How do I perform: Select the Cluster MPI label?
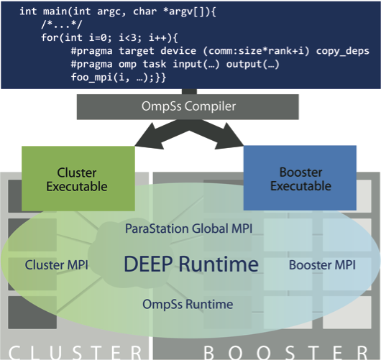(56, 265)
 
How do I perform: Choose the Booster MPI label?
(321, 265)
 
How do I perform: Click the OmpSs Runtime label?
(188, 304)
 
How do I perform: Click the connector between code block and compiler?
(191, 91)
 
